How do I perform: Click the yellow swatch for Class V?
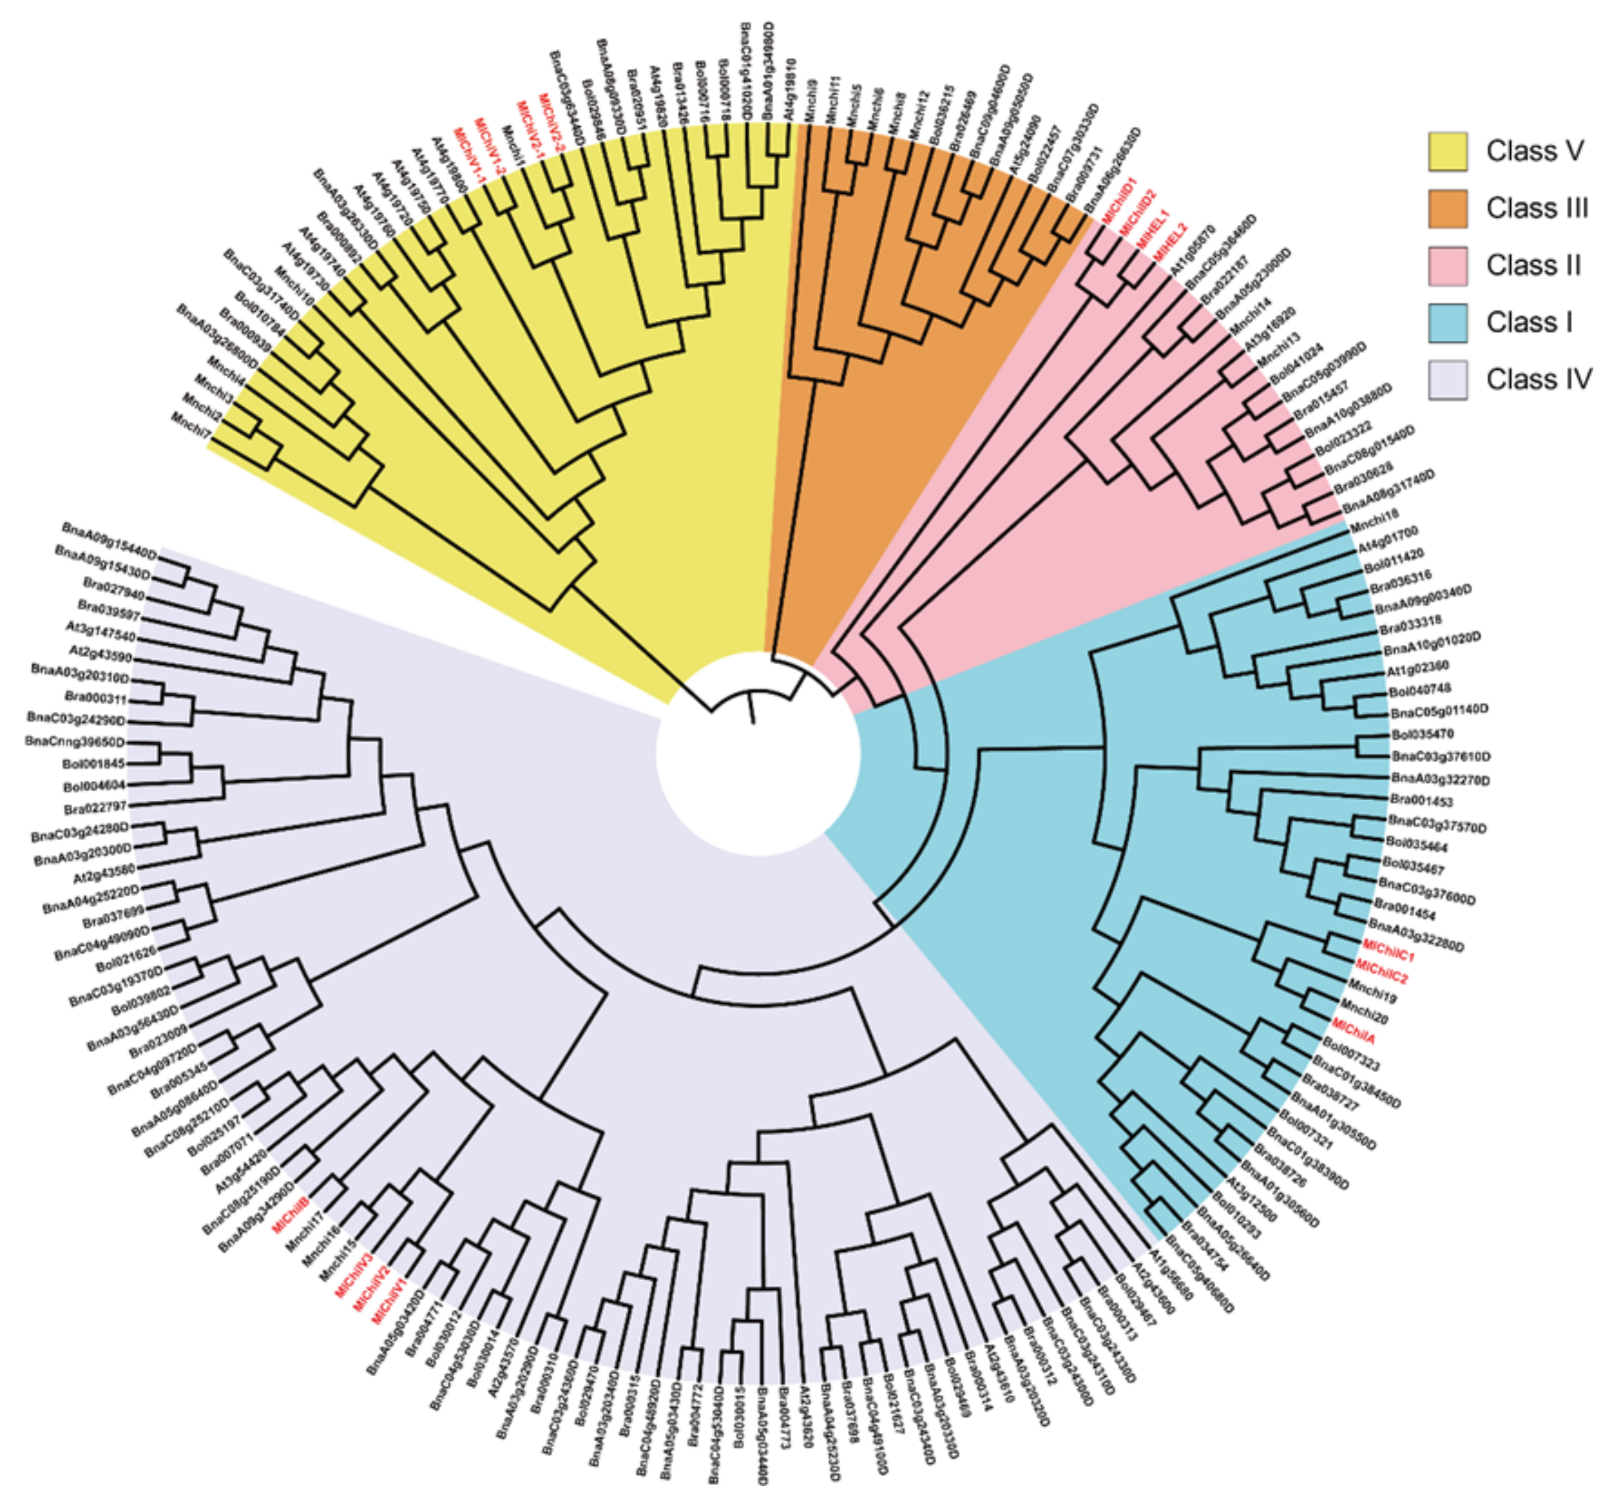1448,151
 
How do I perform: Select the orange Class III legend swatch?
1448,209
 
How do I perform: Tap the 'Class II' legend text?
1534,266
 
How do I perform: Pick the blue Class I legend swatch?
1448,323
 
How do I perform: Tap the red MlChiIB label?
291,1215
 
